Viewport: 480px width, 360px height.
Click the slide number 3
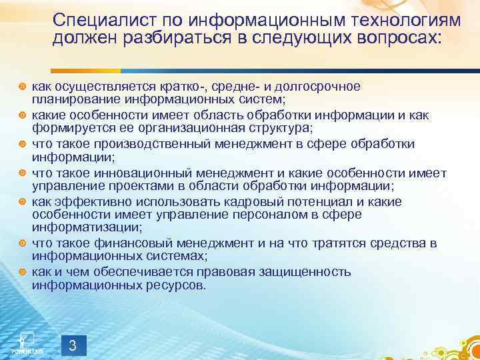73,345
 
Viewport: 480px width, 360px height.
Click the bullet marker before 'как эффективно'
22,202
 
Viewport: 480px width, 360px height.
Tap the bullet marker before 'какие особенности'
22,115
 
